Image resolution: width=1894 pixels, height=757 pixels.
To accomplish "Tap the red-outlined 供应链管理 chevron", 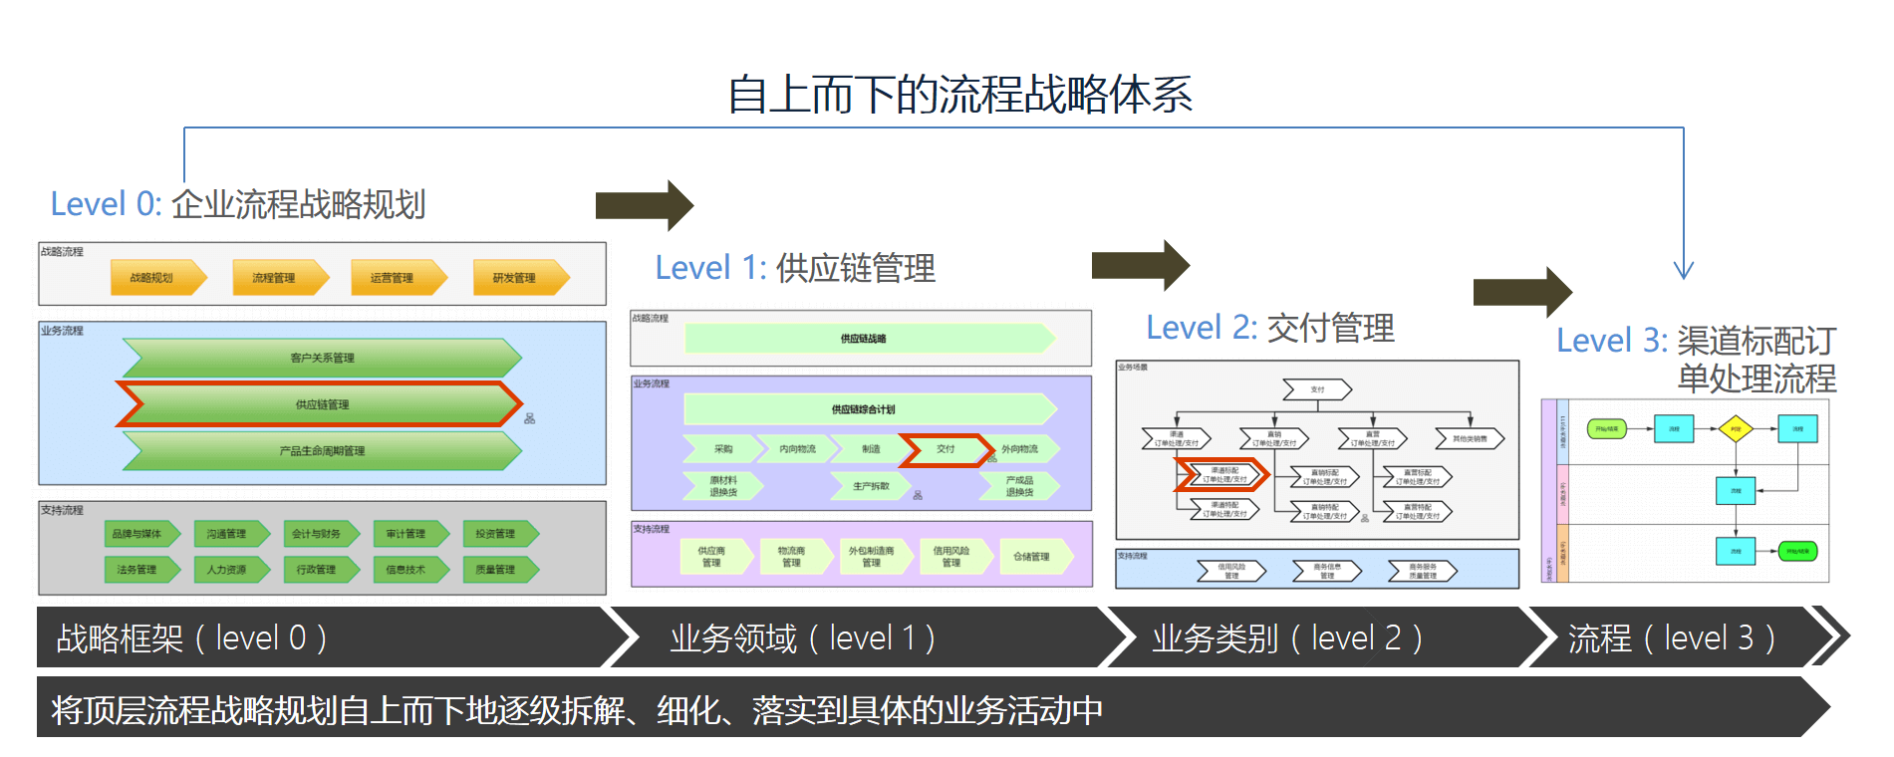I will (321, 404).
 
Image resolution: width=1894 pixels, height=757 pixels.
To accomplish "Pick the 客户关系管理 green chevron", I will (321, 358).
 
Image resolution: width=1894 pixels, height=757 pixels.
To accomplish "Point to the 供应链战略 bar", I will (867, 339).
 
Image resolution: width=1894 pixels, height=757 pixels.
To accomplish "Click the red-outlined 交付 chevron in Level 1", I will (946, 449).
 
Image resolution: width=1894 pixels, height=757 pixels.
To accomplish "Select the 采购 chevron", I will (722, 449).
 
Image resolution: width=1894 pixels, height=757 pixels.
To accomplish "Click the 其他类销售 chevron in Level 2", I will (1470, 438).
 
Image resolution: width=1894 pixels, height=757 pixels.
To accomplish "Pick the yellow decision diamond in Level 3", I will (1735, 429).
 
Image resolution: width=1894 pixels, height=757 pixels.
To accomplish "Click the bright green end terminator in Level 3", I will (1798, 551).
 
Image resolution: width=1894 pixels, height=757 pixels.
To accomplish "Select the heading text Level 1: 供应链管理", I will (794, 268).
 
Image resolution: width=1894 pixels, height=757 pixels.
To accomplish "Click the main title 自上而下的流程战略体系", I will (959, 95).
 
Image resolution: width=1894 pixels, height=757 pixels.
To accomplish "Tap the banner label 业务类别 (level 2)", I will (1286, 638).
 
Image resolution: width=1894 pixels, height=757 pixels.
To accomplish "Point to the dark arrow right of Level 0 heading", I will (644, 205).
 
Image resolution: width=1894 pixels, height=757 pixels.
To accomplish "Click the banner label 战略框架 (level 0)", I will (191, 638).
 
